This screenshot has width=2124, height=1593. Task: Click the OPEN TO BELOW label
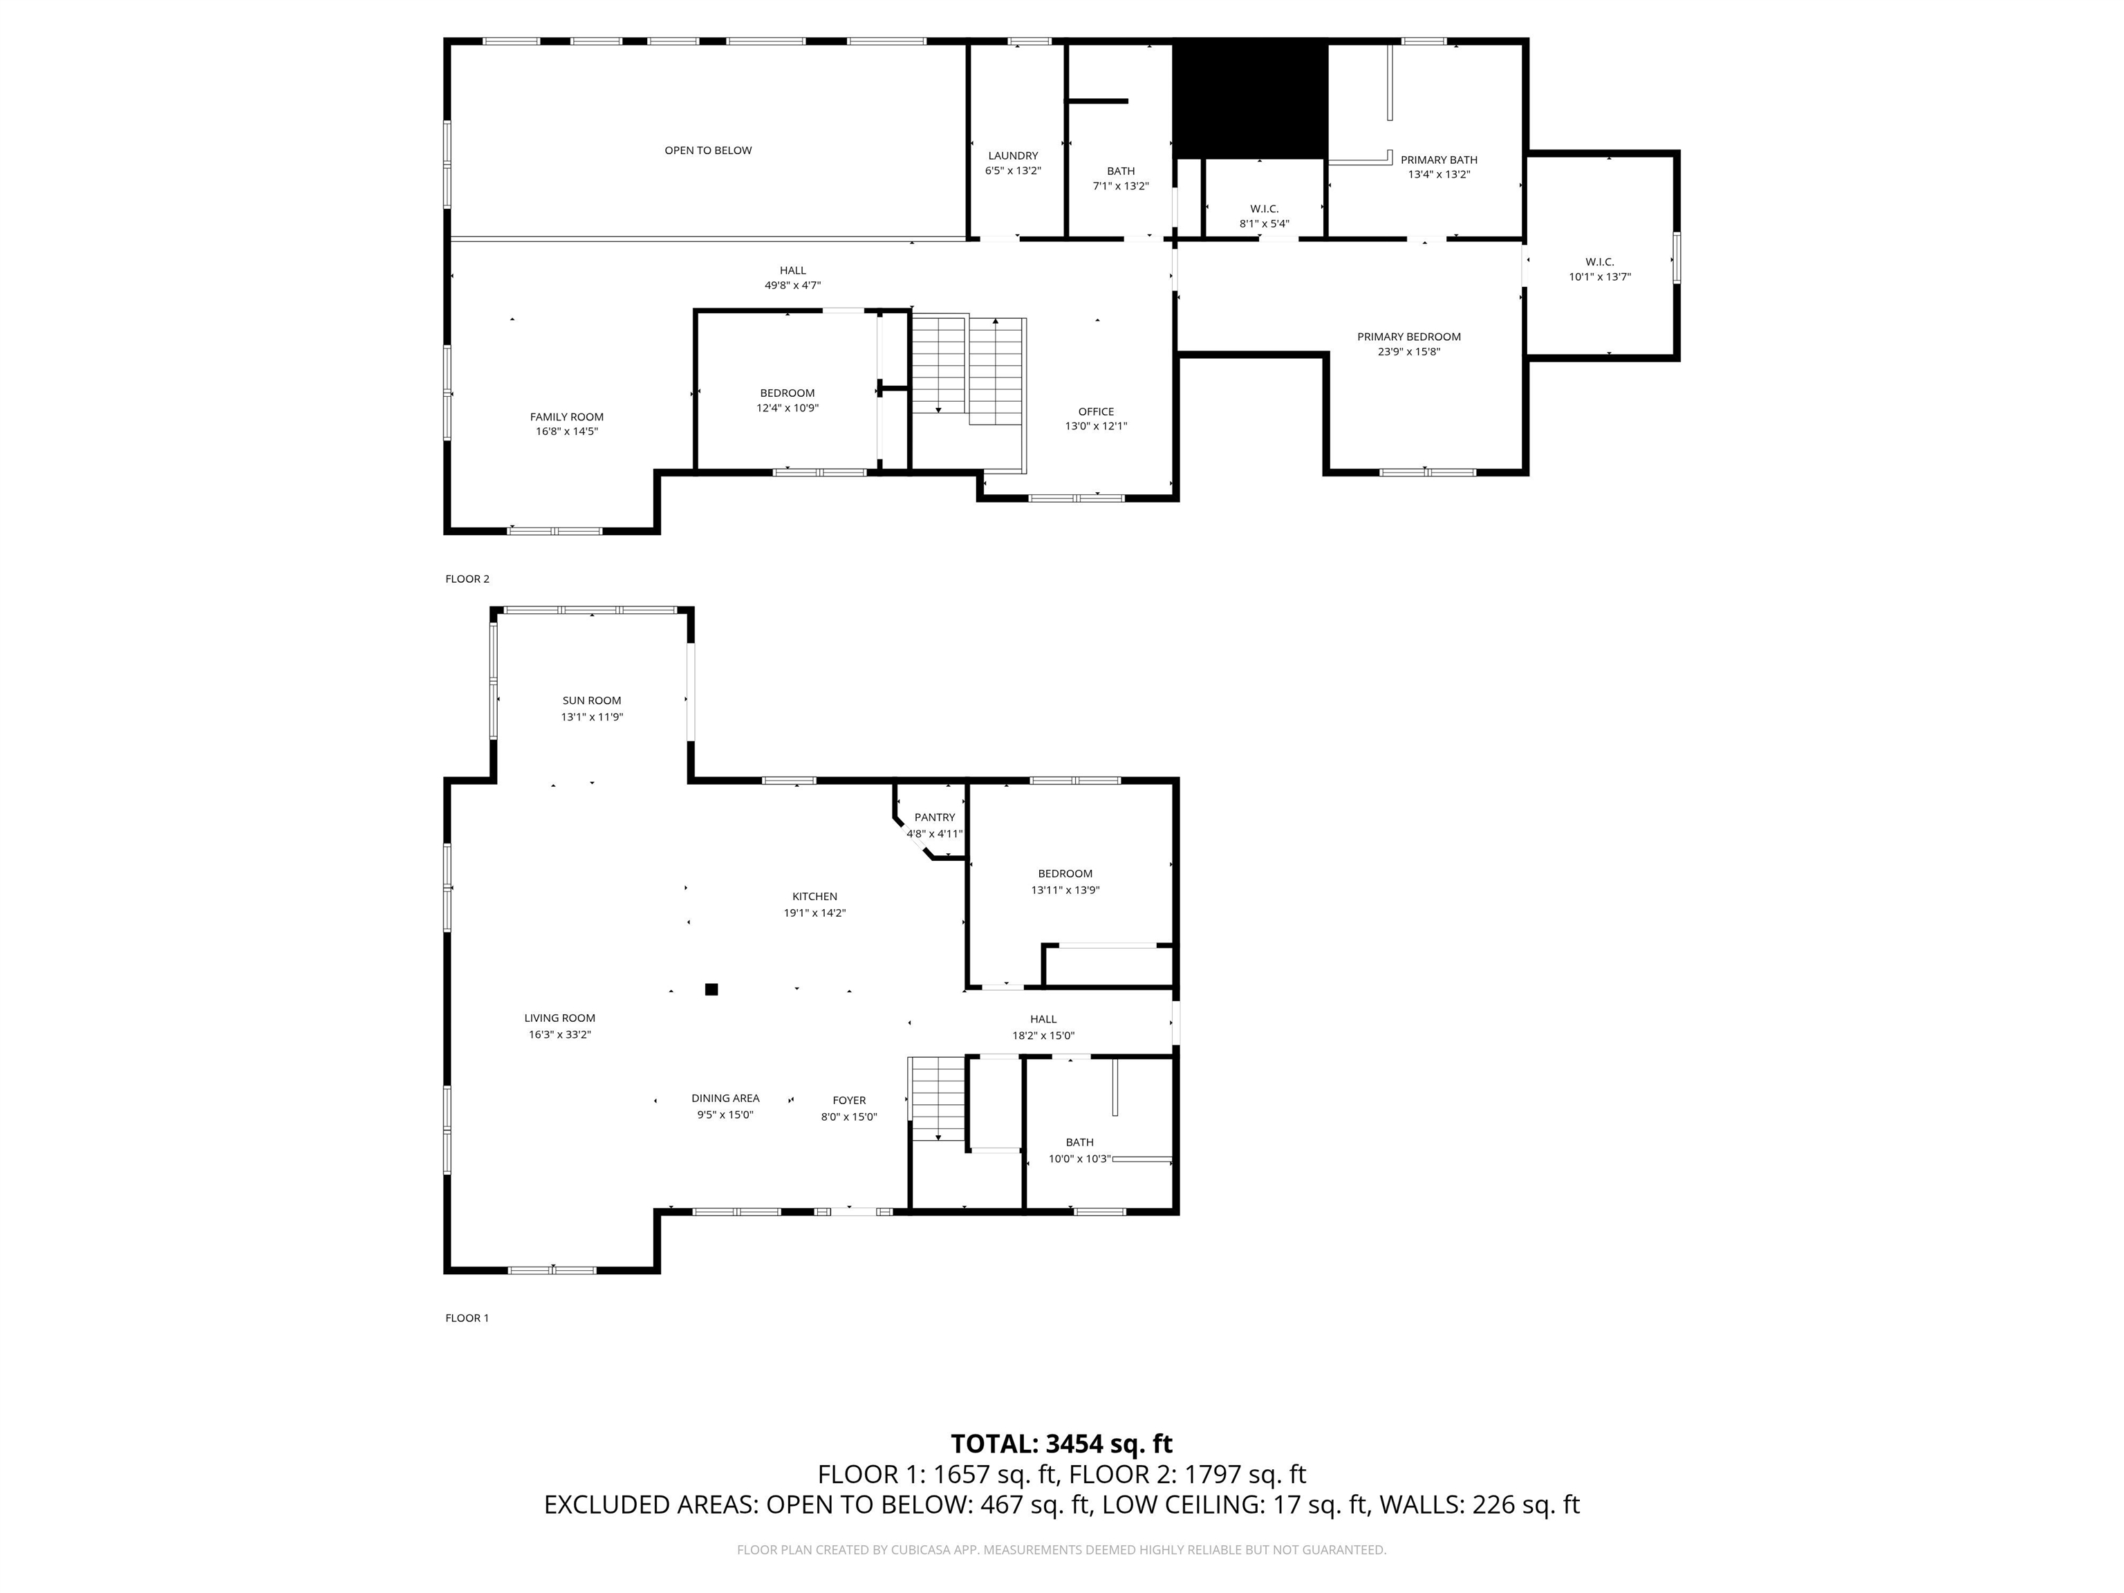(708, 151)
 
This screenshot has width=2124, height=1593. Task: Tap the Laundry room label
(1013, 156)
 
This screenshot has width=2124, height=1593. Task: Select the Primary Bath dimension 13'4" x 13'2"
(1438, 175)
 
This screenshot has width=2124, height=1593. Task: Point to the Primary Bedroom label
(1408, 337)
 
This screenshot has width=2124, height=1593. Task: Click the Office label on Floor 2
(1096, 412)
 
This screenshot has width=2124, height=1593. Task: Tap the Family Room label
(566, 417)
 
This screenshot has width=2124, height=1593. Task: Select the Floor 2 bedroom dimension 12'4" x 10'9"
(788, 408)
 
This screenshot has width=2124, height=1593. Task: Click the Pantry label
(934, 818)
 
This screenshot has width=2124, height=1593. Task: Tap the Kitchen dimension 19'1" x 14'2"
(814, 913)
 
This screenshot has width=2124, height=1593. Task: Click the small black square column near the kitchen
(711, 989)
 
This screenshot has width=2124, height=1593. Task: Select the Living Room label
(560, 1018)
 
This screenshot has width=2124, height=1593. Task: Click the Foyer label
(849, 1101)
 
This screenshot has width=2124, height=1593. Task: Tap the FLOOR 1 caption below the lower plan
(467, 1319)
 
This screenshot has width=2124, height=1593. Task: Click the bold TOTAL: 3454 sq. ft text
(1061, 1444)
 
